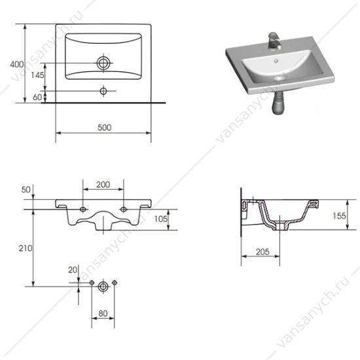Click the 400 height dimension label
pyautogui.click(x=17, y=65)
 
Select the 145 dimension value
pyautogui.click(x=37, y=75)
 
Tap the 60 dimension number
pyautogui.click(x=37, y=97)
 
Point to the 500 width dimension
pyautogui.click(x=105, y=128)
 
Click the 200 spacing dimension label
pyautogui.click(x=103, y=185)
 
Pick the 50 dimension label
pyautogui.click(x=26, y=190)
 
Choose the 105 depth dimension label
pyautogui.click(x=161, y=219)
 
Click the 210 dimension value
pyautogui.click(x=26, y=248)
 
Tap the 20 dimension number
pyautogui.click(x=73, y=270)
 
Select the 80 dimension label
pyautogui.click(x=103, y=314)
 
